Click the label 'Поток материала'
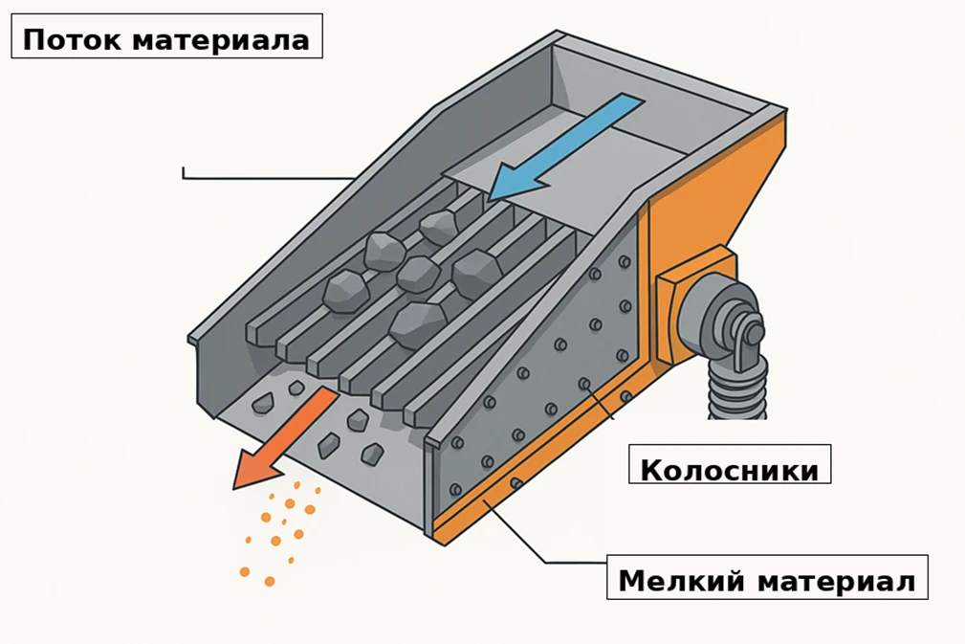coord(166,40)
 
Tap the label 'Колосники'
coord(729,470)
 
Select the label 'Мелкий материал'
coord(767,580)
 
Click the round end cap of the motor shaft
coord(753,333)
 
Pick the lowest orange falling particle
coord(270,581)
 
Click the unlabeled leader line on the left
coord(268,177)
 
